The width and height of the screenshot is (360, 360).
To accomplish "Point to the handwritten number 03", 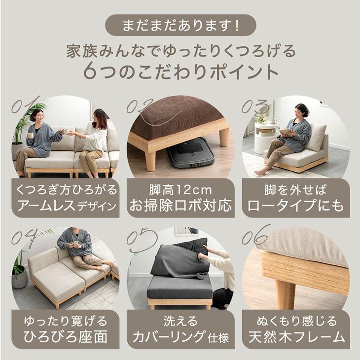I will pyautogui.click(x=256, y=106).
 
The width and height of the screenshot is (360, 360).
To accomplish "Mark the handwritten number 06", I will pyautogui.click(x=256, y=235).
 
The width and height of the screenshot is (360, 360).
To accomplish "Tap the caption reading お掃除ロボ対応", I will pyautogui.click(x=180, y=206).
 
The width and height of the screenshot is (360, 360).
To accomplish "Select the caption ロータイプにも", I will pyautogui.click(x=295, y=206).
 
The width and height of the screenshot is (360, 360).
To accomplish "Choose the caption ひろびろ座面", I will pyautogui.click(x=65, y=338).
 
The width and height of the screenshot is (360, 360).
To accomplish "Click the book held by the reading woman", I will pyautogui.click(x=286, y=132).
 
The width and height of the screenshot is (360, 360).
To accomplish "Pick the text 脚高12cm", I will pyautogui.click(x=180, y=190).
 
